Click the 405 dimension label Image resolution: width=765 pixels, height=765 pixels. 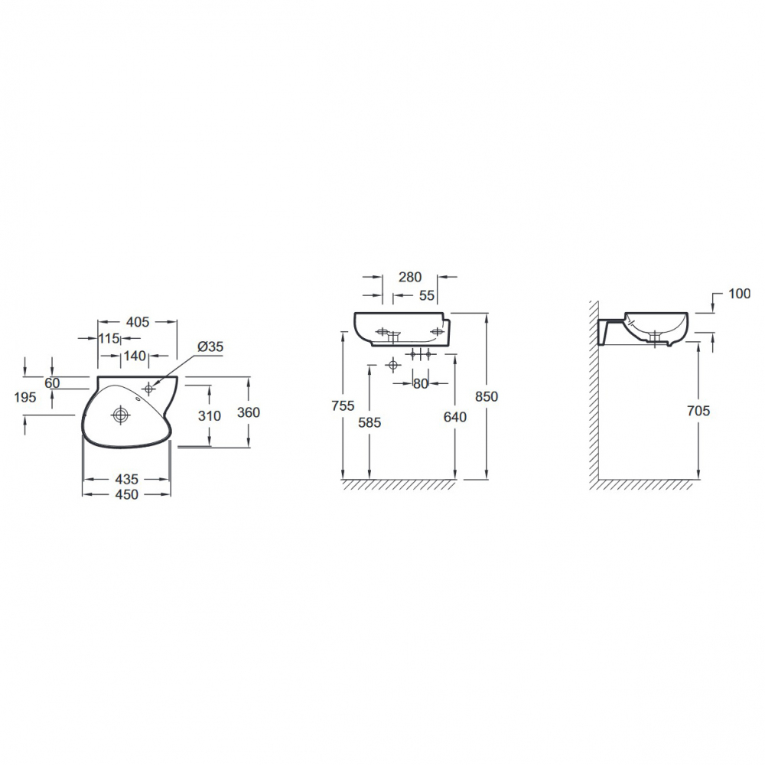pos(138,322)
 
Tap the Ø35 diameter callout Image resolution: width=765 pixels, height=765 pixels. pos(210,347)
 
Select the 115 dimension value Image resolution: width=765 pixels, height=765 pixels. pos(109,338)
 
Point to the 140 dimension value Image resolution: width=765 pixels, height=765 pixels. pos(135,356)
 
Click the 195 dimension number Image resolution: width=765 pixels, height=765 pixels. pos(25,397)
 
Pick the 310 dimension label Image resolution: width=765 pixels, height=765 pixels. pos(210,415)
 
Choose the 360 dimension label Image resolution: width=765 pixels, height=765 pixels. pos(249,412)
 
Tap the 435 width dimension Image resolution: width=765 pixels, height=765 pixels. pos(126,479)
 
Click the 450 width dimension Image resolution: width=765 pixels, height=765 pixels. pos(126,494)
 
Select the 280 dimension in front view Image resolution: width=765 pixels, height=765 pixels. pos(410,277)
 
